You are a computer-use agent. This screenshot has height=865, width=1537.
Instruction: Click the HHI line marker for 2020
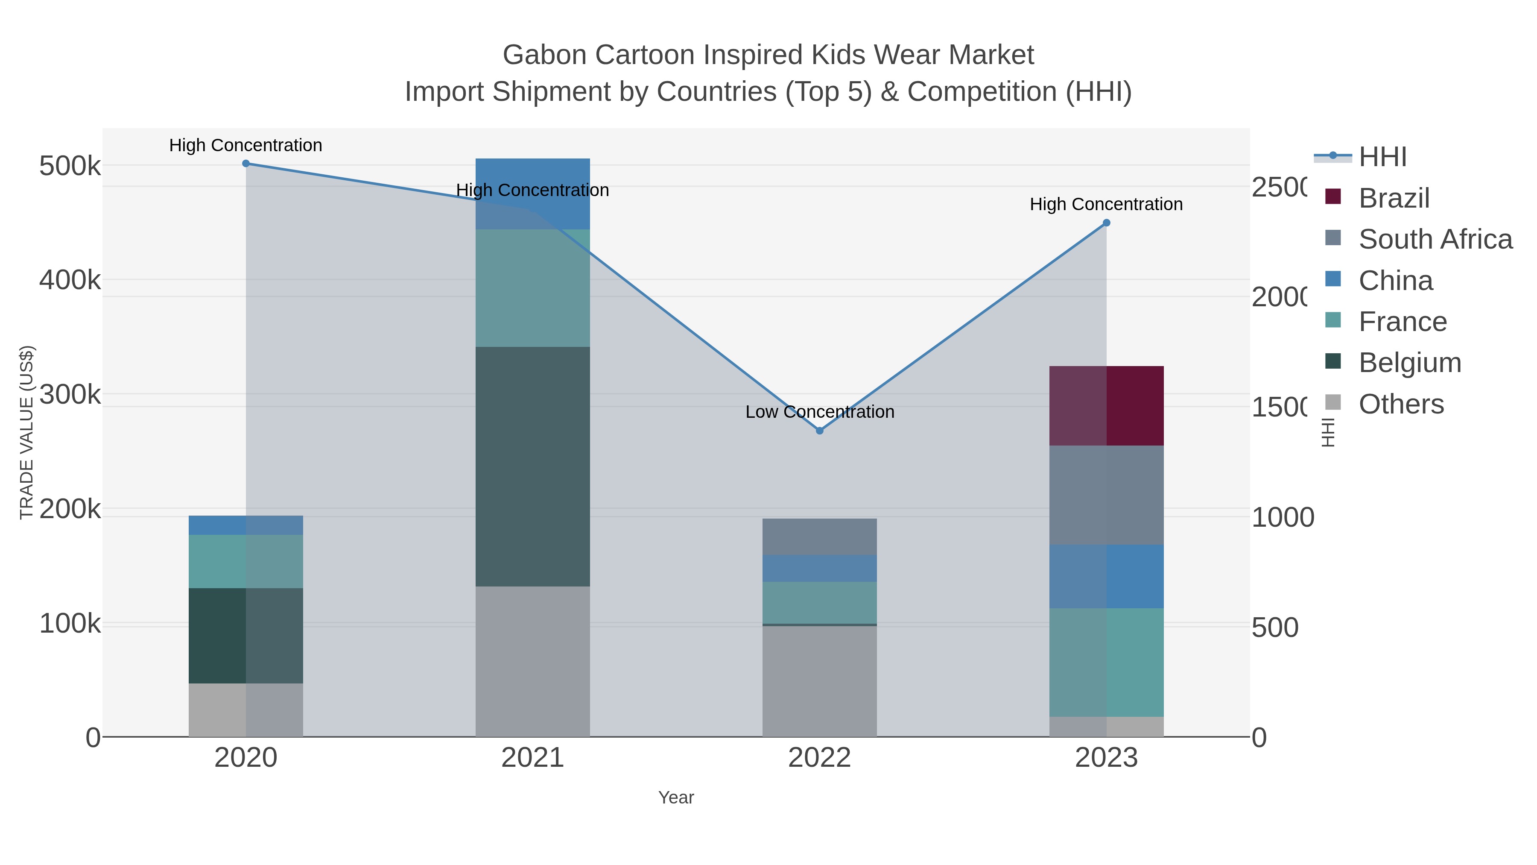click(246, 164)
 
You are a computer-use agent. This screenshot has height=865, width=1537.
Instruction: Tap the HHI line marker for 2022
click(819, 431)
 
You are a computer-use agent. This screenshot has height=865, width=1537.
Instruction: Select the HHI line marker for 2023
click(1106, 223)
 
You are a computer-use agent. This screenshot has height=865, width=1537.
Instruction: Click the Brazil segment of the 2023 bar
click(1106, 406)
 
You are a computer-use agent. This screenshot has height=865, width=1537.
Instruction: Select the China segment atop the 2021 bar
click(532, 194)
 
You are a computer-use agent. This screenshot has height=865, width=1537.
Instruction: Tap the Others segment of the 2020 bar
click(246, 710)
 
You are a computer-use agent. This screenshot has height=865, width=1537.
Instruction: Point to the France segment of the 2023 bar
click(1106, 662)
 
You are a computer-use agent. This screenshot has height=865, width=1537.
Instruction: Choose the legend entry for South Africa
click(1435, 239)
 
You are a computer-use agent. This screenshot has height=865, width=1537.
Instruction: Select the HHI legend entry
click(1382, 157)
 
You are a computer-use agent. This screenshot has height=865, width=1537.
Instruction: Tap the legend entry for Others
click(1400, 404)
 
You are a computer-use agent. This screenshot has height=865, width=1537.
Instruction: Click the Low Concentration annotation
click(819, 412)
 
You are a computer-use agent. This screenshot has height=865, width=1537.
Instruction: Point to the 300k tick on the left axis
click(70, 395)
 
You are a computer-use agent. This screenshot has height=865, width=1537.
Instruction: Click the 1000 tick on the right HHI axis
click(1282, 518)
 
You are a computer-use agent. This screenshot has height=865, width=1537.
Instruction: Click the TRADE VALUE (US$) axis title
click(27, 432)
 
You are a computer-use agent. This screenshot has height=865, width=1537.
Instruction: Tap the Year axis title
click(675, 798)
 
